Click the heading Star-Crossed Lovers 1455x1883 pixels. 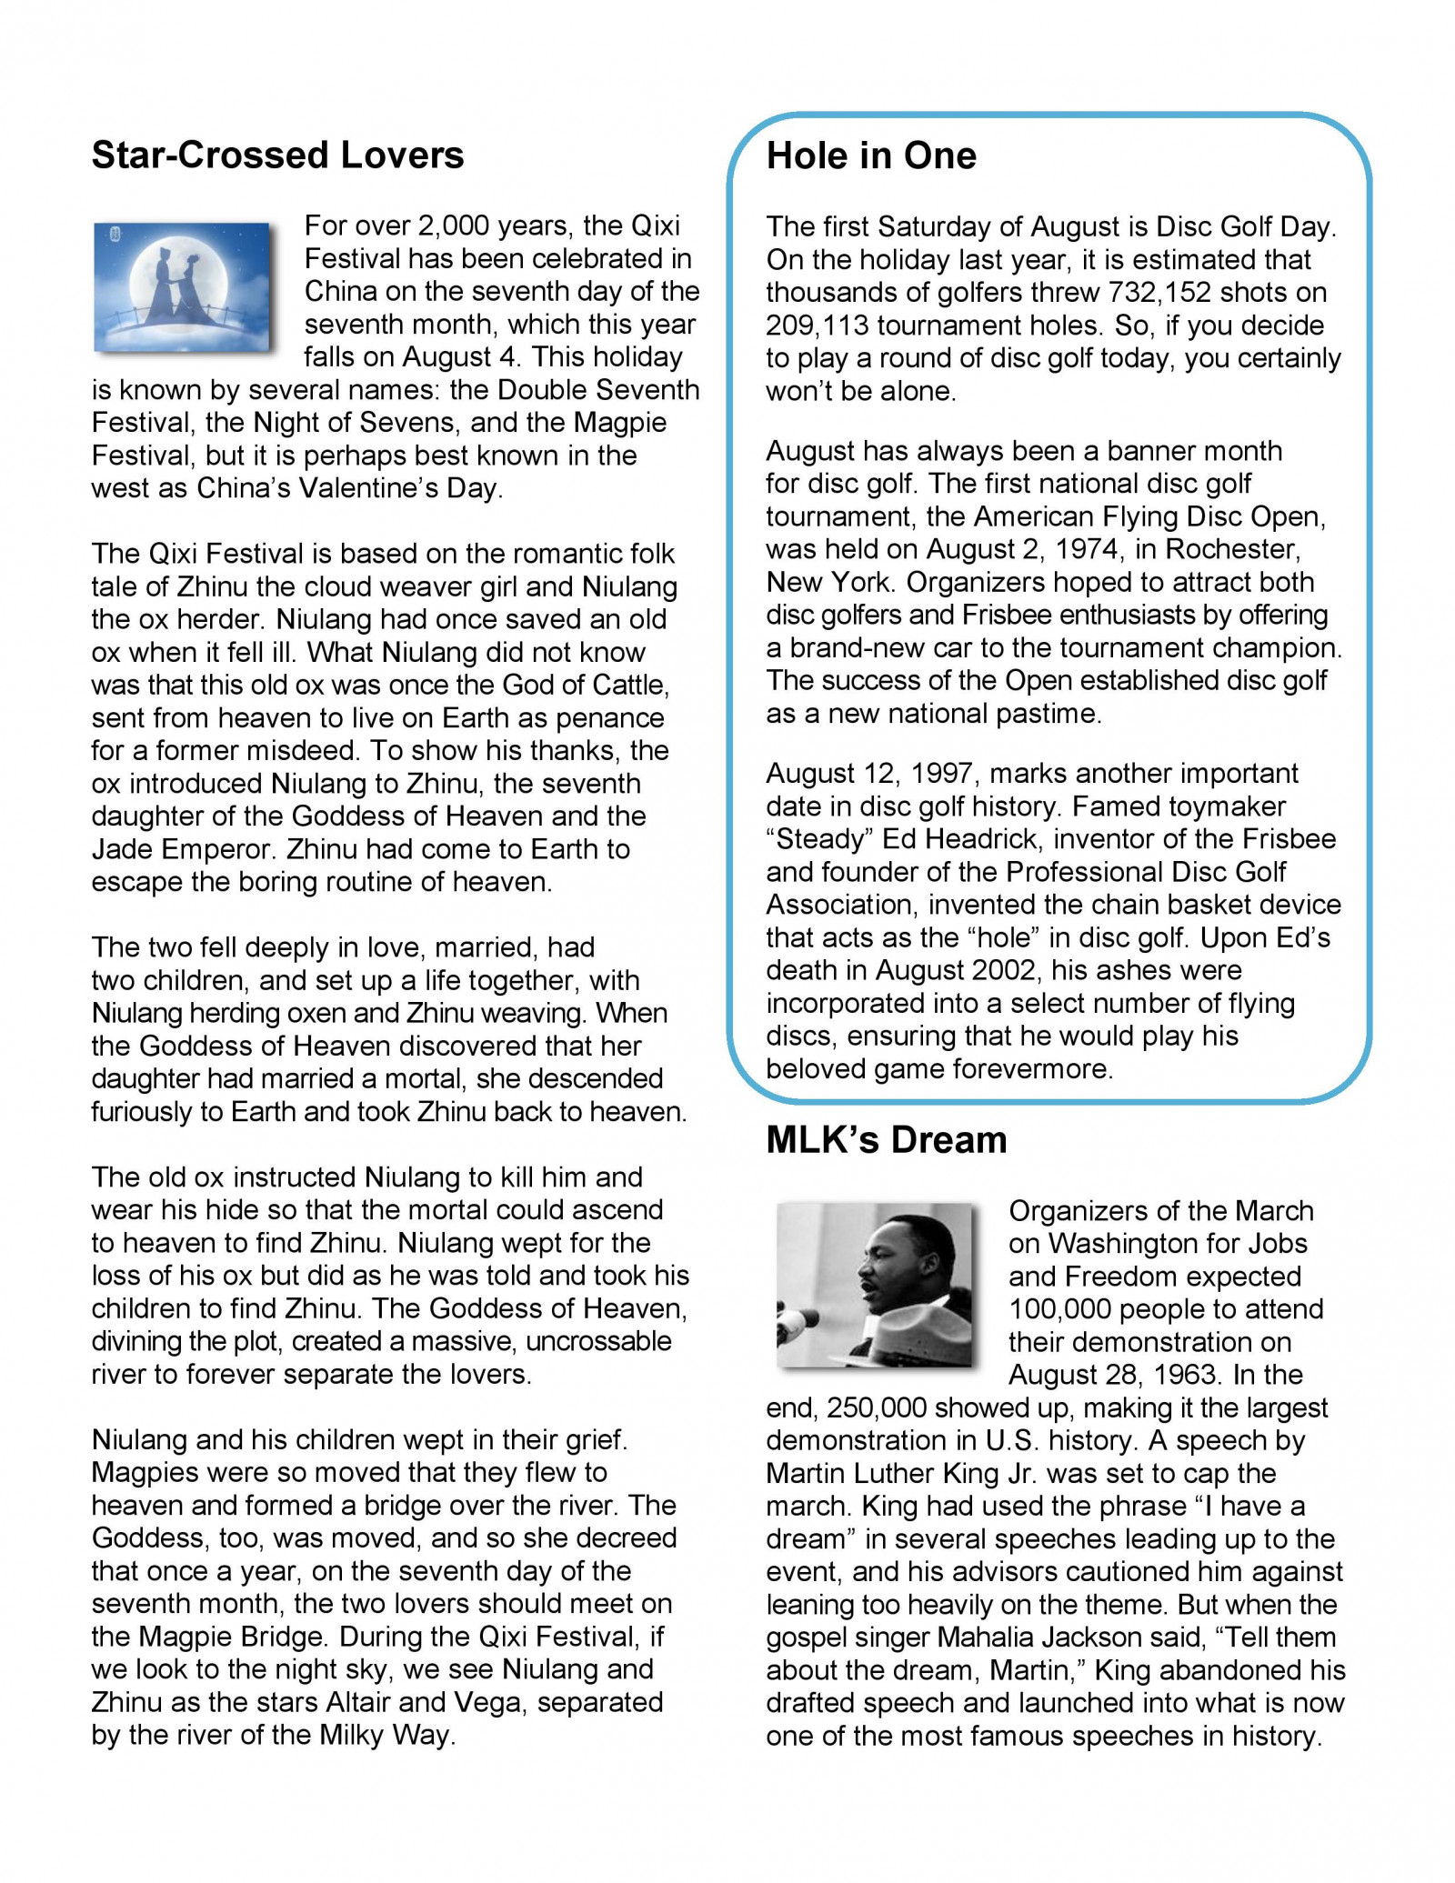(277, 155)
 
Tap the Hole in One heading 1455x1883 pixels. (870, 155)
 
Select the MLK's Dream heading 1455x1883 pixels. (886, 1140)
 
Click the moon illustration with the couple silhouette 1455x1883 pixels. (183, 286)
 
